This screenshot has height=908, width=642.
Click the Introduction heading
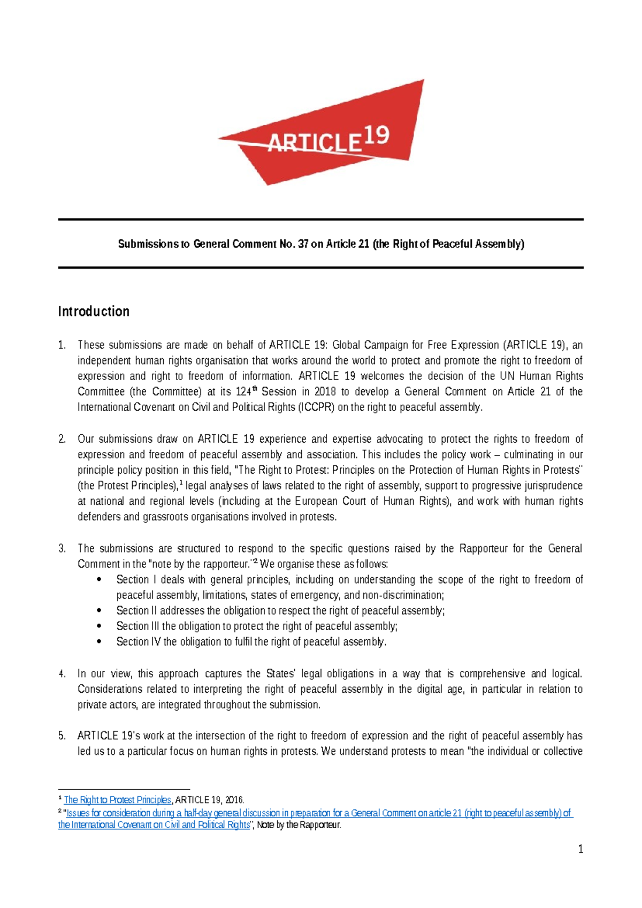pyautogui.click(x=94, y=312)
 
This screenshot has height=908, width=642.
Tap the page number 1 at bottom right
pyautogui.click(x=580, y=849)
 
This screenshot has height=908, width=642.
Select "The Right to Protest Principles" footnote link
pyautogui.click(x=117, y=800)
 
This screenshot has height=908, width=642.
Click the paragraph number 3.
pyautogui.click(x=62, y=548)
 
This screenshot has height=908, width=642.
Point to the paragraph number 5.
pyautogui.click(x=62, y=736)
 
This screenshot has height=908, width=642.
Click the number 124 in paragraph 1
pyautogui.click(x=243, y=392)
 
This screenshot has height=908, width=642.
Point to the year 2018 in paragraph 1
pyautogui.click(x=325, y=392)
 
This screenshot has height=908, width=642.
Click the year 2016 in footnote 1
pyautogui.click(x=234, y=800)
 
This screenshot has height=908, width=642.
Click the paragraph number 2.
pyautogui.click(x=62, y=439)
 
